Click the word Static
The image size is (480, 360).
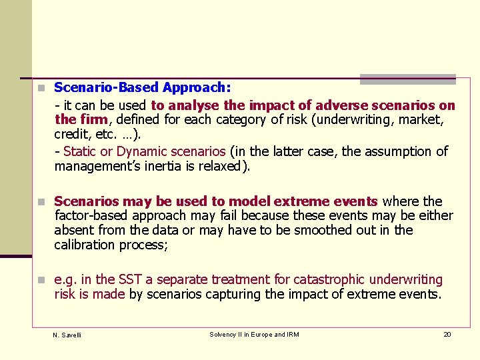[79, 151]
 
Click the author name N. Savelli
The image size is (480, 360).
[67, 335]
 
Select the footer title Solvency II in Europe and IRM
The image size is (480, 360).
[254, 335]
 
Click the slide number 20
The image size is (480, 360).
[447, 334]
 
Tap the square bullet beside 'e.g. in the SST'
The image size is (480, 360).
[41, 280]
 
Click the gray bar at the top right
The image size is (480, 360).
[407, 79]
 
